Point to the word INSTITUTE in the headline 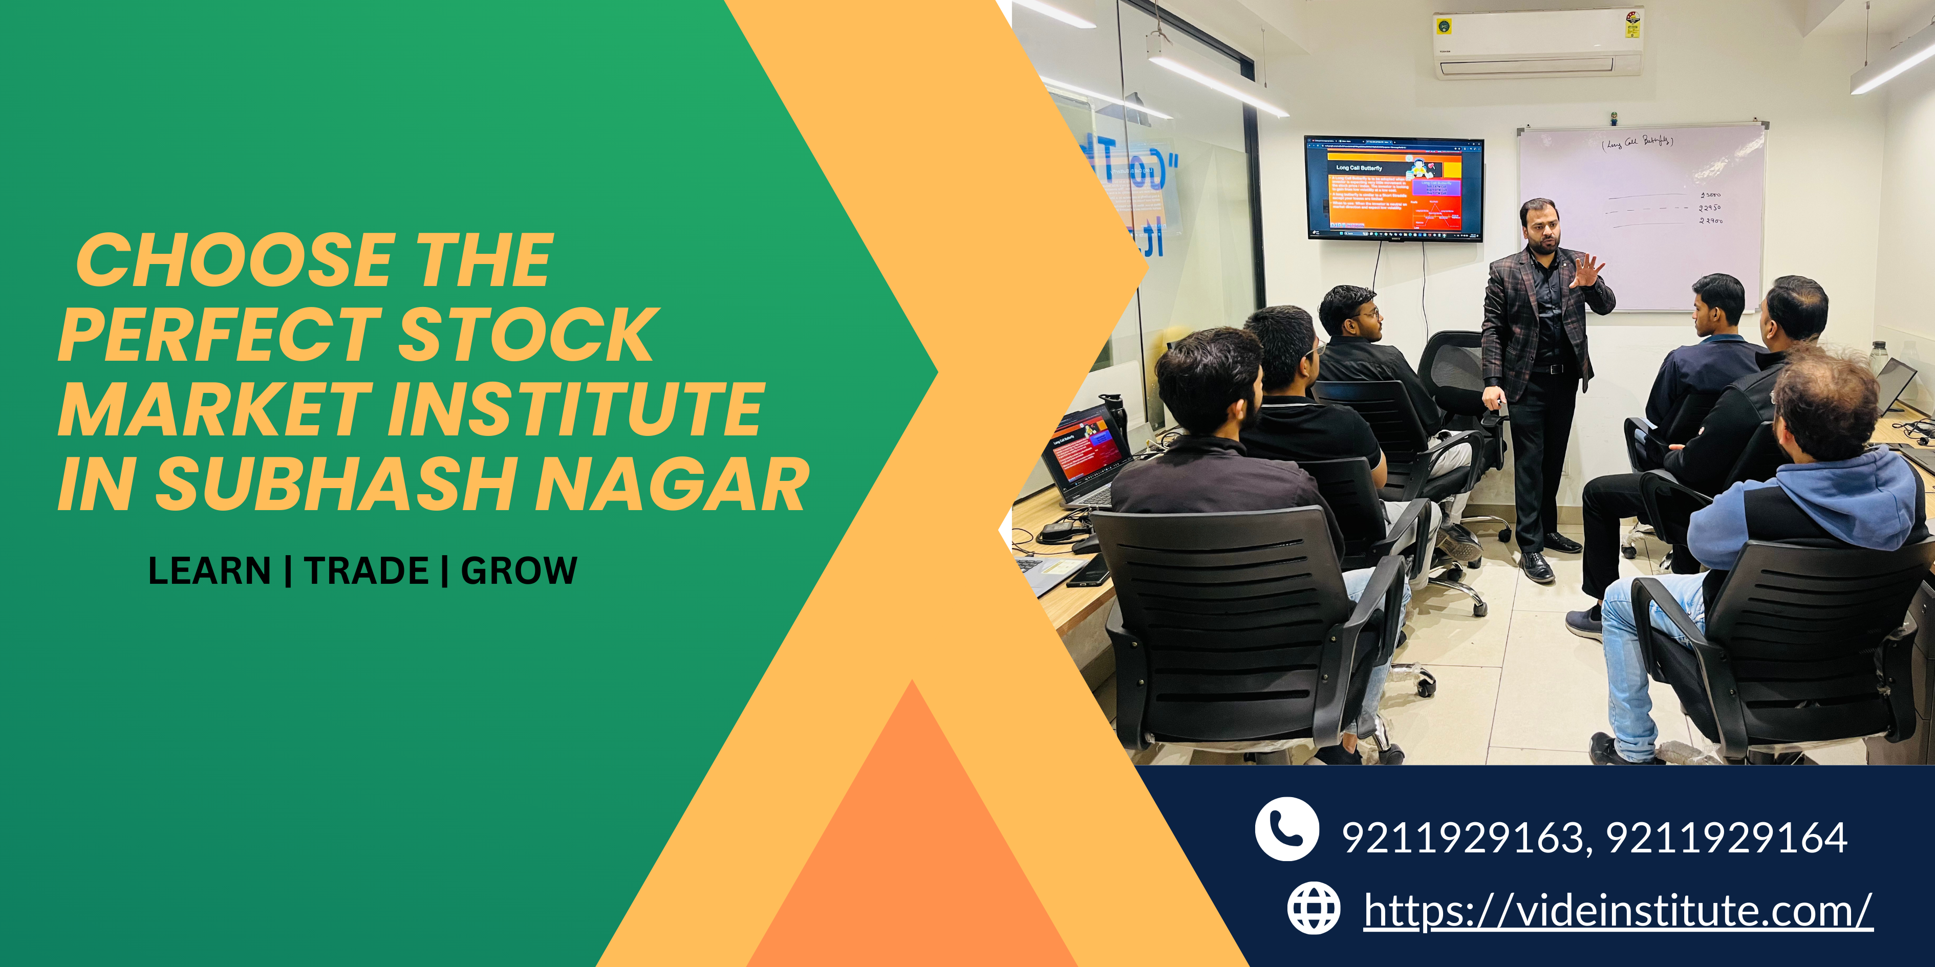pyautogui.click(x=575, y=410)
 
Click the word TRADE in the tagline pyautogui.click(x=367, y=570)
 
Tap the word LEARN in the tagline pyautogui.click(x=209, y=570)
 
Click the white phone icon pyautogui.click(x=1286, y=829)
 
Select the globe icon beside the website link pyautogui.click(x=1313, y=909)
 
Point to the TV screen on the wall pyautogui.click(x=1393, y=188)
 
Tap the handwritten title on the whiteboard pyautogui.click(x=1637, y=141)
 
